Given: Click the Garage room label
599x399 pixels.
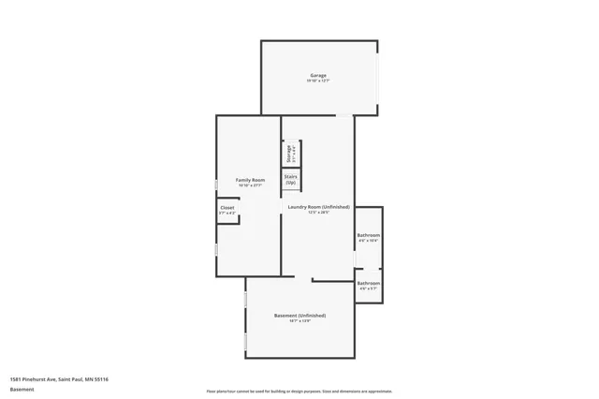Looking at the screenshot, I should click(318, 75).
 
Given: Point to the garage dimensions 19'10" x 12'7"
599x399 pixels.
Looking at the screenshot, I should click(318, 81).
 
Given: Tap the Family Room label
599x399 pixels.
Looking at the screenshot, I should click(250, 180).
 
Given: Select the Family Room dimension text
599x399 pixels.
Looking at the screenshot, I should click(250, 185).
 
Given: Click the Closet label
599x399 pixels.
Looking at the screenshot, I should click(227, 208).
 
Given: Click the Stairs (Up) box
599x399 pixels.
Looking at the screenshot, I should click(291, 179).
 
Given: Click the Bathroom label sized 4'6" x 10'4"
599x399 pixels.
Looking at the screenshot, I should click(368, 234).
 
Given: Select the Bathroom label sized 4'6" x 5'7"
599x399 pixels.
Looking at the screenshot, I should click(368, 283).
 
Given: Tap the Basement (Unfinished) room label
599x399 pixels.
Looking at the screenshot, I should click(299, 315).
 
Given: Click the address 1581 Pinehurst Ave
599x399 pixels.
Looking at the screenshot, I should click(34, 378).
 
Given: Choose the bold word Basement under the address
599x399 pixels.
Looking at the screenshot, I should click(22, 389).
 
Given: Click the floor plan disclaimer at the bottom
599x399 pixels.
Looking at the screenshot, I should click(299, 390).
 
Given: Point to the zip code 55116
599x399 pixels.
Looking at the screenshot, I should click(101, 378).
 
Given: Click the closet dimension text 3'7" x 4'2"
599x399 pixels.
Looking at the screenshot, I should click(227, 214).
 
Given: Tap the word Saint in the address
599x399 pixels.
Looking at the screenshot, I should click(68, 378).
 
